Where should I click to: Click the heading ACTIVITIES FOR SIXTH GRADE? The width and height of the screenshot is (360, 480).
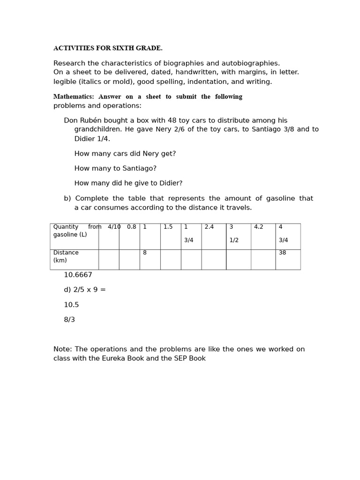tap(108, 48)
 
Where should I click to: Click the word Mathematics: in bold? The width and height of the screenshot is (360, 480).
tap(74, 97)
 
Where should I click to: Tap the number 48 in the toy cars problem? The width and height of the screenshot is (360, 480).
tap(172, 120)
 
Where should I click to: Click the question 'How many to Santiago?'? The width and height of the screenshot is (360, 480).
tap(115, 168)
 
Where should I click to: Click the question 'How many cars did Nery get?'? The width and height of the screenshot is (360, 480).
tap(125, 154)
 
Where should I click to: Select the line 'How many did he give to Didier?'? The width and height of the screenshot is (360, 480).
tap(128, 183)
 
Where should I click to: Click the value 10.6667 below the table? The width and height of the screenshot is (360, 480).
tap(78, 275)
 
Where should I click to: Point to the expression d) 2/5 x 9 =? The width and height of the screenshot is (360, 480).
tap(85, 290)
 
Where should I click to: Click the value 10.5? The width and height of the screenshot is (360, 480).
tap(71, 305)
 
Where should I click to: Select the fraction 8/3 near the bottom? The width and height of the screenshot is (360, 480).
tap(69, 320)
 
